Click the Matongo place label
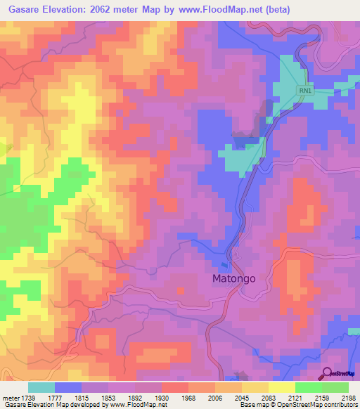point(234,278)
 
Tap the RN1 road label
point(304,90)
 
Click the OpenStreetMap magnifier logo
point(328,373)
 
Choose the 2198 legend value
point(348,397)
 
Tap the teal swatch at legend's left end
point(41,387)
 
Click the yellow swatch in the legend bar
point(281,387)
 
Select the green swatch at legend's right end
point(335,387)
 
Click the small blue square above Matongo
point(224,265)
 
